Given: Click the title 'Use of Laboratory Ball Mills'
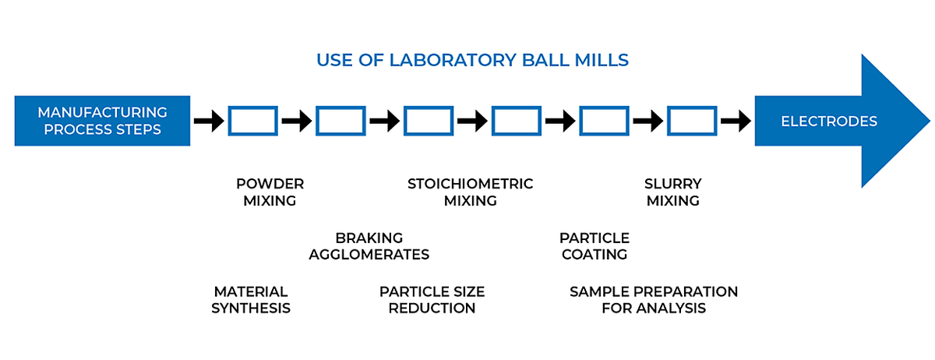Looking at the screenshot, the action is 472,60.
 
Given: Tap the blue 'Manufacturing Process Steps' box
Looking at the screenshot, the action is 102,121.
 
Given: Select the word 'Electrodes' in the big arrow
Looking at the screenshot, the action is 829,121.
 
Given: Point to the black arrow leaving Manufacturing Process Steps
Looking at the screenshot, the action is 209,121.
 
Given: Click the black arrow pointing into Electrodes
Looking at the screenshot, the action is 736,121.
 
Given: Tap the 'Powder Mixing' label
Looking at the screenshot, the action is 270,192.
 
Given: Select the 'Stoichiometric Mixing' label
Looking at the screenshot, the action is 471,192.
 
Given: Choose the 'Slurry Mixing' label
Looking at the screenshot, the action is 673,192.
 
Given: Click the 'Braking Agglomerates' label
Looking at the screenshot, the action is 369,246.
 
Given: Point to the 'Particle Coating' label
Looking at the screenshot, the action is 595,246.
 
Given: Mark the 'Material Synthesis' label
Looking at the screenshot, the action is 251,300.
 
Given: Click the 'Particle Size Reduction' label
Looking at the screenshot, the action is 432,300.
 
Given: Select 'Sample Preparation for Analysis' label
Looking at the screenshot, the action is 654,300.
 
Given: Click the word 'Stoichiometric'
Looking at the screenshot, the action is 471,184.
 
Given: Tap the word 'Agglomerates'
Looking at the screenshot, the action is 369,254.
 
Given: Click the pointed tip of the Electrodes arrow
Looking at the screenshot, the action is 930,121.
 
